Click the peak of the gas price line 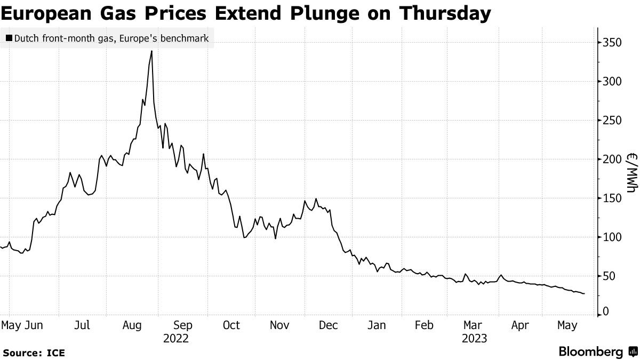152,51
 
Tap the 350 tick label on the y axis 611,42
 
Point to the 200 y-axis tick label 611,159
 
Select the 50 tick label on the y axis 609,276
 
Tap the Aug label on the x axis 133,325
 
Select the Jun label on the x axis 35,325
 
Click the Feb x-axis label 424,325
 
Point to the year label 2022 176,338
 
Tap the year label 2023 475,338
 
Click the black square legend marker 9,38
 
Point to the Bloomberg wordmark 591,352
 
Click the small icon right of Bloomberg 633,352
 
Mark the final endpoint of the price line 584,294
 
